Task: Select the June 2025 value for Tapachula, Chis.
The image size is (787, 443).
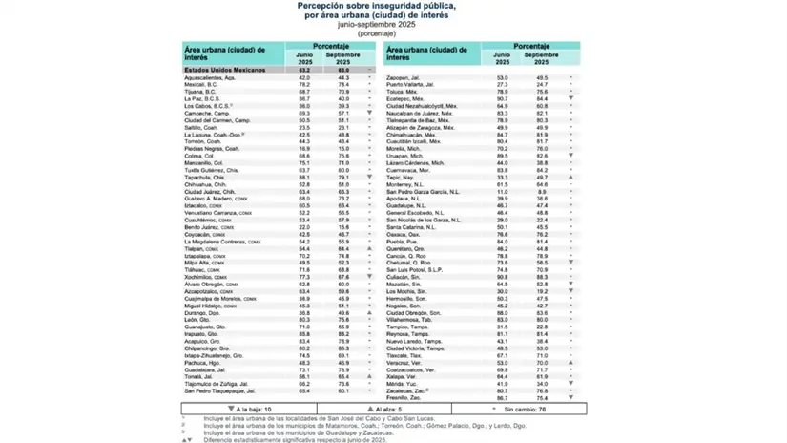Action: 304,177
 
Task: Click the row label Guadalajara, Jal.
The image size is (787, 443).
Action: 210,369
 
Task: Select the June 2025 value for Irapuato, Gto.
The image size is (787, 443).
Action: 304,333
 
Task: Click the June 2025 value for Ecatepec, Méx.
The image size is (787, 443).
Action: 502,98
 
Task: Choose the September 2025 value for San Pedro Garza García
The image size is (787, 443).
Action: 541,191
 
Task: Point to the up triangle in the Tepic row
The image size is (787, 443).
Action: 570,178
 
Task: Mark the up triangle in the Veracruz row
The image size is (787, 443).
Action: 570,362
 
